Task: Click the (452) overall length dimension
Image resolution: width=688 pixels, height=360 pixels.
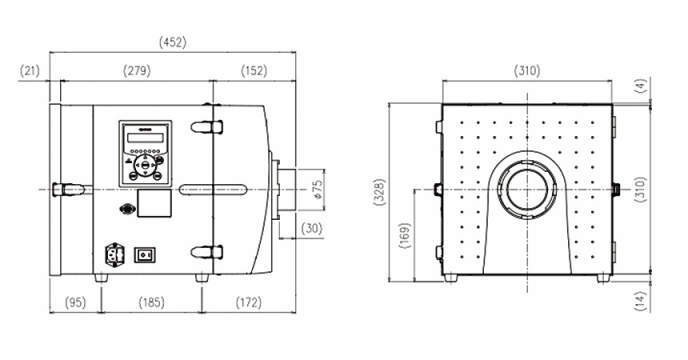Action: click(172, 42)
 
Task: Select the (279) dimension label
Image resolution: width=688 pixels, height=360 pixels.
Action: click(137, 71)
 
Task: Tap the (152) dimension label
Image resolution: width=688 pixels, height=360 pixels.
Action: click(254, 71)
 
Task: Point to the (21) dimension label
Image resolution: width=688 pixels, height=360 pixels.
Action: click(30, 71)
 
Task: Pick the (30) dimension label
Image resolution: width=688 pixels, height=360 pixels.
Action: click(312, 228)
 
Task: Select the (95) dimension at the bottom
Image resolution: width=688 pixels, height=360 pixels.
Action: click(75, 302)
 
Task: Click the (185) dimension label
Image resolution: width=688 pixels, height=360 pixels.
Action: click(151, 302)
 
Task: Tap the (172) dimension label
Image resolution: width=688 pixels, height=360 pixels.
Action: click(249, 302)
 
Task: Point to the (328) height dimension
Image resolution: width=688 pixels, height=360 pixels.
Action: click(380, 192)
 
